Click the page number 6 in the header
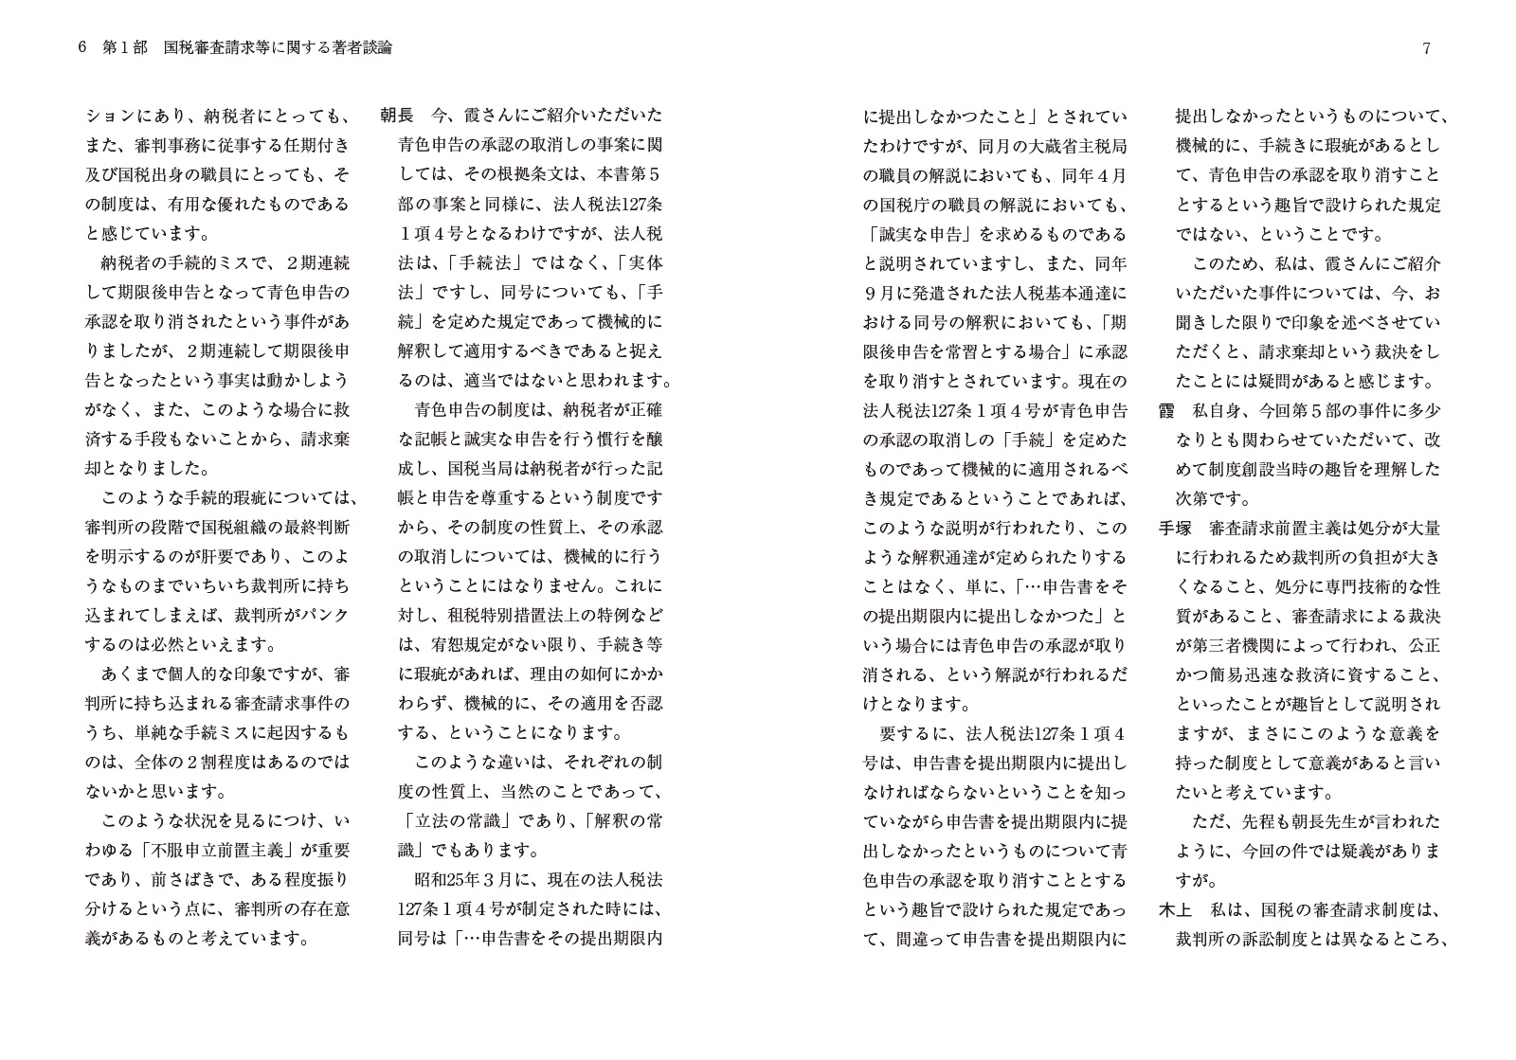pos(83,47)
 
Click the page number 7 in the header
pos(1427,48)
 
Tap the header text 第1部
pos(125,47)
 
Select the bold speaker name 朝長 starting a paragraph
pos(397,116)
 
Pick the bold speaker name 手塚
pos(1176,528)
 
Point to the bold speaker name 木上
pos(1176,910)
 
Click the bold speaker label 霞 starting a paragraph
pos(1167,410)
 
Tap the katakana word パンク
pos(325,616)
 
